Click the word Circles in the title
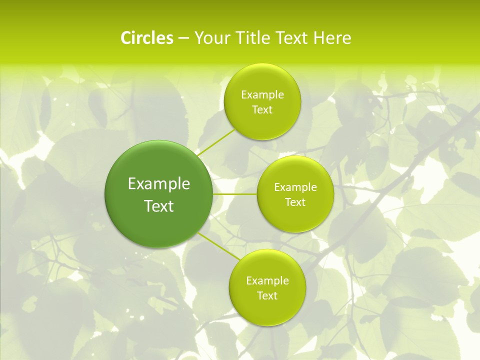(x=147, y=38)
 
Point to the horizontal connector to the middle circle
(x=235, y=194)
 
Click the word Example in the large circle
(x=159, y=184)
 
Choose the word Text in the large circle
(x=159, y=206)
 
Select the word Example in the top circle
(x=262, y=95)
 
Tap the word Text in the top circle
(x=262, y=110)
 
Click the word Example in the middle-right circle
(x=295, y=187)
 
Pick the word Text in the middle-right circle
(x=295, y=202)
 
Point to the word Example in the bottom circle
(x=267, y=281)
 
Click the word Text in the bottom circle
(x=267, y=296)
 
